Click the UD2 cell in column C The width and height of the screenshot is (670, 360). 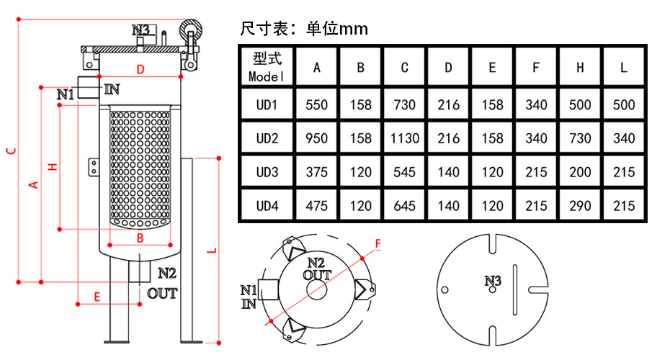coord(404,138)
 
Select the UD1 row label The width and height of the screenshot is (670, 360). coord(267,104)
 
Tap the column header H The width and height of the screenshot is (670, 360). coord(580,68)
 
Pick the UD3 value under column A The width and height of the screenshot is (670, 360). coord(316,172)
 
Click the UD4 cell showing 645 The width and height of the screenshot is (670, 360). coord(404,206)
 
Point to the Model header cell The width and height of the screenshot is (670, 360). coord(267,67)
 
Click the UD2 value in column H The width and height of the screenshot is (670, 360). coord(580,138)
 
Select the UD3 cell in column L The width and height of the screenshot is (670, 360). coord(624,172)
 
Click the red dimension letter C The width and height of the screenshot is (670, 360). coord(11,150)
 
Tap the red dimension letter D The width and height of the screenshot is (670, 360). coord(140,69)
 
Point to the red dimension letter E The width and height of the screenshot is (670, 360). coord(97,297)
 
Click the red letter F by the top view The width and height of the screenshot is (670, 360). coord(378,244)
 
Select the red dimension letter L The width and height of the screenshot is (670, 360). coord(212,251)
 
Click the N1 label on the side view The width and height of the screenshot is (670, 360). coord(66,94)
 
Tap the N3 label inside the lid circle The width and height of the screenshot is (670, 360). coord(492,281)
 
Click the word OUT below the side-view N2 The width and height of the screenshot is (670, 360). coord(162,293)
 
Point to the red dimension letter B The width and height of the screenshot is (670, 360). coord(140,238)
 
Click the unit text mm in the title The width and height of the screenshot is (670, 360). coord(354,30)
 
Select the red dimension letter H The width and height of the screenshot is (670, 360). coord(52,166)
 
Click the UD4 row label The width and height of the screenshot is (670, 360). coord(267,206)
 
